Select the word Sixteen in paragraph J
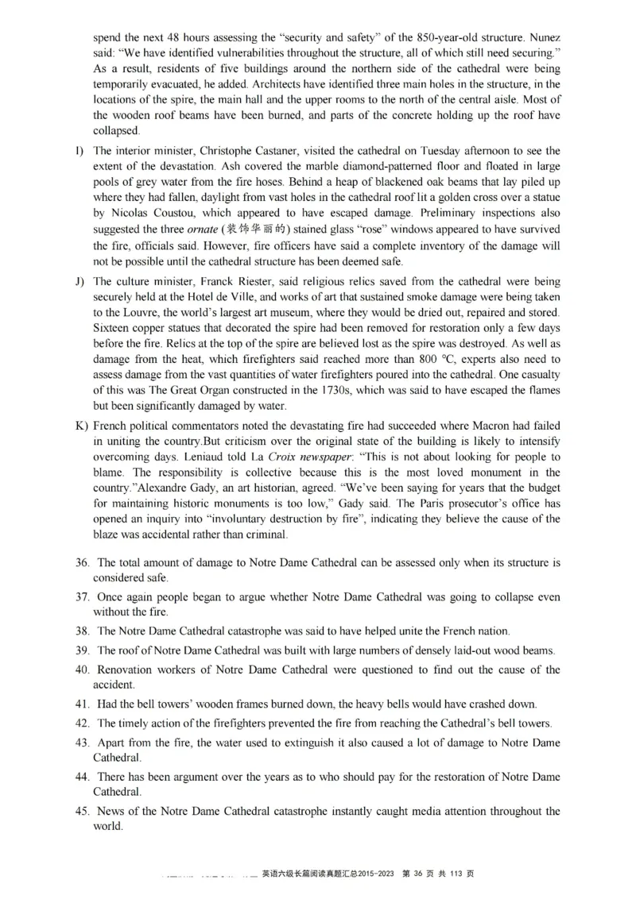click(114, 328)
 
